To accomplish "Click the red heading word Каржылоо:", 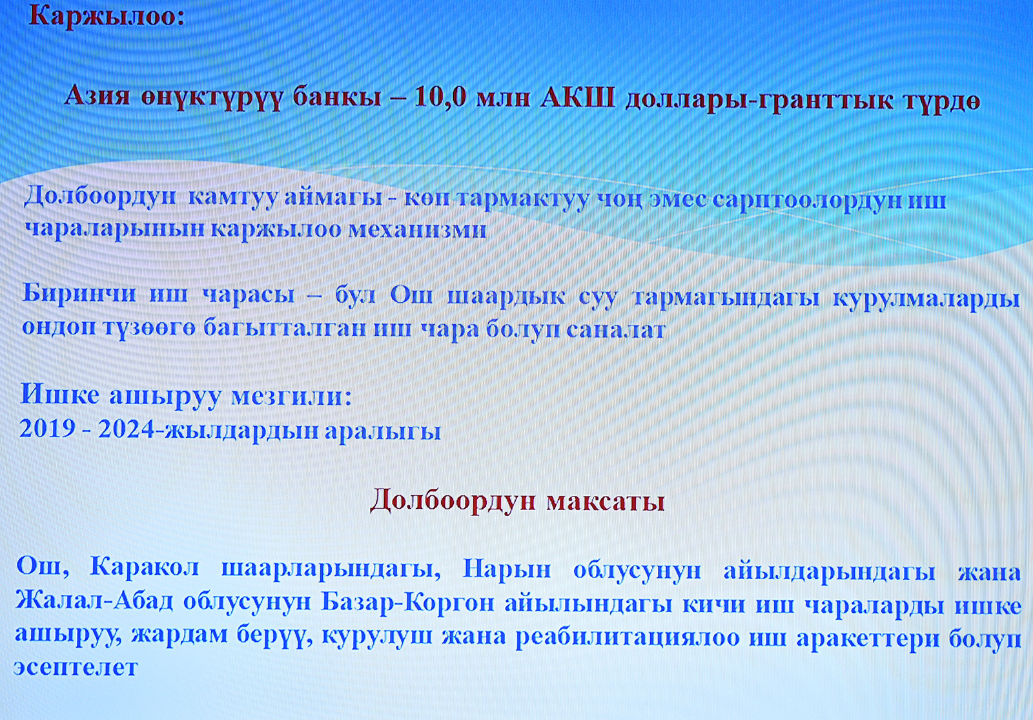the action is click(x=107, y=17).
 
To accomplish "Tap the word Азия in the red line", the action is click(x=97, y=98).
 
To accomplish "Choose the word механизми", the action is click(x=417, y=229).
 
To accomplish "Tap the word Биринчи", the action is click(x=79, y=294).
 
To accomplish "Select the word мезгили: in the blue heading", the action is click(x=291, y=396).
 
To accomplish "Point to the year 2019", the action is click(x=47, y=429).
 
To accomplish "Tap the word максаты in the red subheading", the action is click(x=606, y=501).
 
